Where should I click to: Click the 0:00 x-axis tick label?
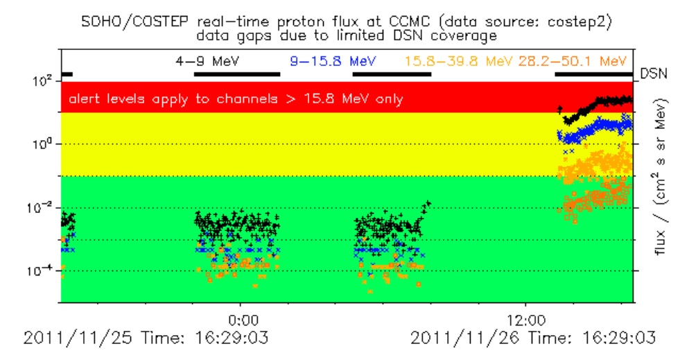coord(242,320)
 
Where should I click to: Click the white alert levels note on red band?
coord(236,99)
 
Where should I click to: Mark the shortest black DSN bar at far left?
coord(67,74)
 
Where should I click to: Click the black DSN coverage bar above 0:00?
coord(237,74)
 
